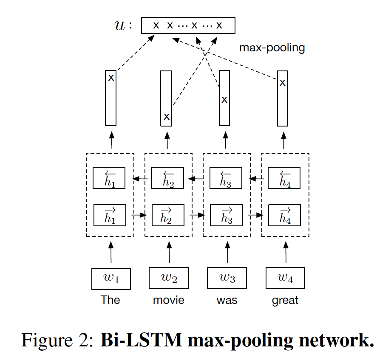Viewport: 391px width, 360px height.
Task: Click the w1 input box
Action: point(111,278)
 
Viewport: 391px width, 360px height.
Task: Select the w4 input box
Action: point(285,278)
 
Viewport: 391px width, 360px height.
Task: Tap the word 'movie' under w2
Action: point(169,301)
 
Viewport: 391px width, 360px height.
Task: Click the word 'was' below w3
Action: point(227,301)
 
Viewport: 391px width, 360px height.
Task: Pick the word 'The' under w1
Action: point(110,300)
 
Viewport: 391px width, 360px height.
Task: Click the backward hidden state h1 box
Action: point(110,178)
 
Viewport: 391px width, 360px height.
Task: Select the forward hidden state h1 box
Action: point(110,215)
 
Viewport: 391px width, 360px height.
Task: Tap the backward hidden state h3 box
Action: point(226,178)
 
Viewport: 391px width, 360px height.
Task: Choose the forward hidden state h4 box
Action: point(284,215)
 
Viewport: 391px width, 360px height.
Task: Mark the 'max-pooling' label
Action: point(272,48)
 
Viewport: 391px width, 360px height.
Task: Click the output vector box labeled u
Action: point(188,25)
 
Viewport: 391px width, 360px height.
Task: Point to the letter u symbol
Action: point(119,26)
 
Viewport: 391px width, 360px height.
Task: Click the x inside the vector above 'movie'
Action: point(167,117)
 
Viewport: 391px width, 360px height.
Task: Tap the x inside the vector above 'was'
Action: point(224,100)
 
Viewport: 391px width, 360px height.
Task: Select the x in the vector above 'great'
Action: point(282,82)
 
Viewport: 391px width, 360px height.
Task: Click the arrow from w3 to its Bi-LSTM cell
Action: point(227,252)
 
